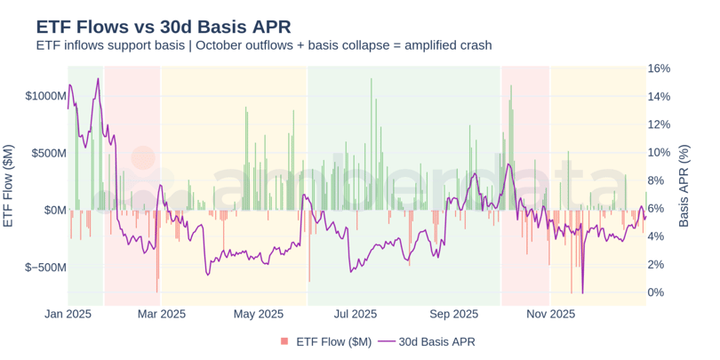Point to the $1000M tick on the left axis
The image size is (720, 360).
tap(45, 96)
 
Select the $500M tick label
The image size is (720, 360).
tap(49, 153)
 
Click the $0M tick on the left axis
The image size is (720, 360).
tap(55, 211)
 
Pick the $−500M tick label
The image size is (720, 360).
tap(45, 268)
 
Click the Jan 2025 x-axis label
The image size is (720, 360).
tap(68, 314)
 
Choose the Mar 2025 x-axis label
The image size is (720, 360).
tap(160, 314)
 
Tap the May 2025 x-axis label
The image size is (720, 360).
tap(258, 314)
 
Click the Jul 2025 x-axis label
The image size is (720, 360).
tap(356, 314)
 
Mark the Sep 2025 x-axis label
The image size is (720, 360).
tap(454, 314)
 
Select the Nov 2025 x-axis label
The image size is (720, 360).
tap(550, 314)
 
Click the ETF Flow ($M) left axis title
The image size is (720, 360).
tap(9, 186)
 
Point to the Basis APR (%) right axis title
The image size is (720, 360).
tap(684, 186)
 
